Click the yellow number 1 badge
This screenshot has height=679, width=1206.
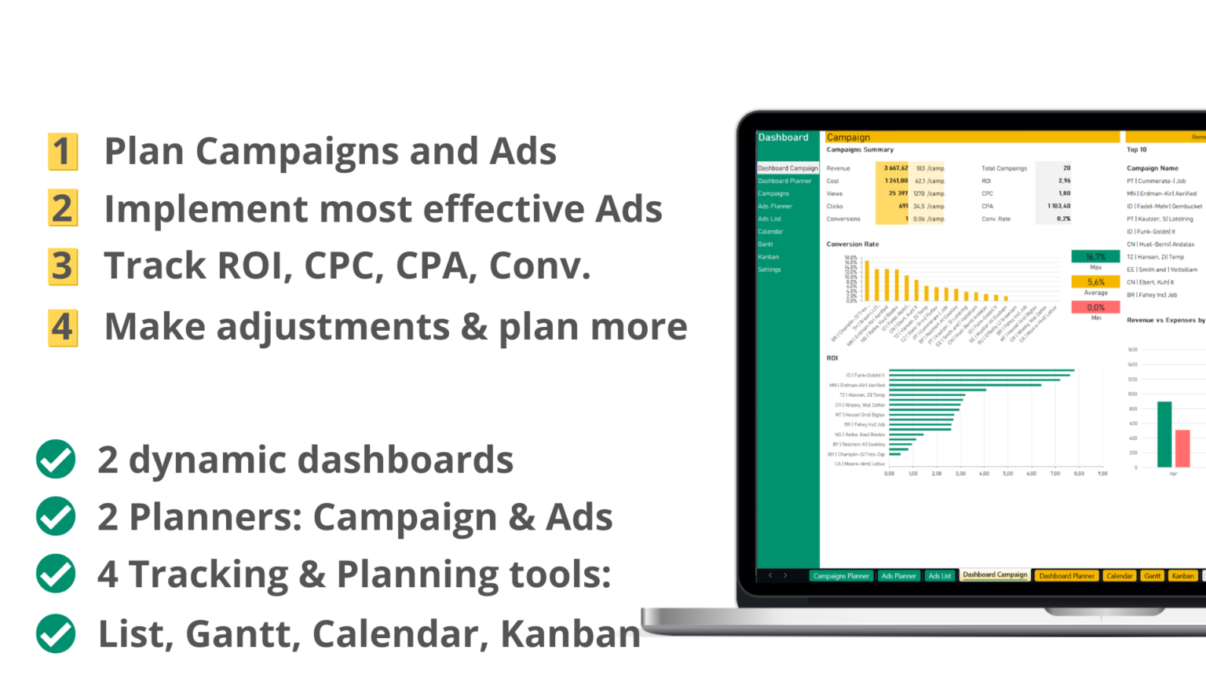(x=63, y=152)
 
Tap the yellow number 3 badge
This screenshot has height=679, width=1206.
(x=63, y=266)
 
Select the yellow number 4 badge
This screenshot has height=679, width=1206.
(x=63, y=328)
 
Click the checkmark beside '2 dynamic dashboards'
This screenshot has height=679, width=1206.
(x=56, y=460)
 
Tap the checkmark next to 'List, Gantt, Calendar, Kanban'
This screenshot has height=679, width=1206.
(x=56, y=633)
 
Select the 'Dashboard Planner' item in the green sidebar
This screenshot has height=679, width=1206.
(x=784, y=181)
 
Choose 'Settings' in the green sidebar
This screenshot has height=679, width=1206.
(x=769, y=270)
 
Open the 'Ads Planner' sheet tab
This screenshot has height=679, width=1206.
(x=898, y=576)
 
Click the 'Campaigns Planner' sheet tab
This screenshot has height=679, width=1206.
(x=841, y=576)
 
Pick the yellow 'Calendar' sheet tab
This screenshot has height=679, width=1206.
(x=1119, y=576)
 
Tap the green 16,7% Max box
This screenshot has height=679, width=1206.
(x=1095, y=257)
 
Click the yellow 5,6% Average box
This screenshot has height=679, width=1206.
(x=1095, y=282)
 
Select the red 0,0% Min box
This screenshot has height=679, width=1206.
(x=1095, y=307)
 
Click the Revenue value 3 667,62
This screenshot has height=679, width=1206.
(x=895, y=168)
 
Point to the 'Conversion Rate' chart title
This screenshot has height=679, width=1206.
(x=853, y=244)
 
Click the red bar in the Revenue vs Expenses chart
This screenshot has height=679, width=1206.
(x=1182, y=449)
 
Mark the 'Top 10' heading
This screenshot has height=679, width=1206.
(x=1136, y=149)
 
